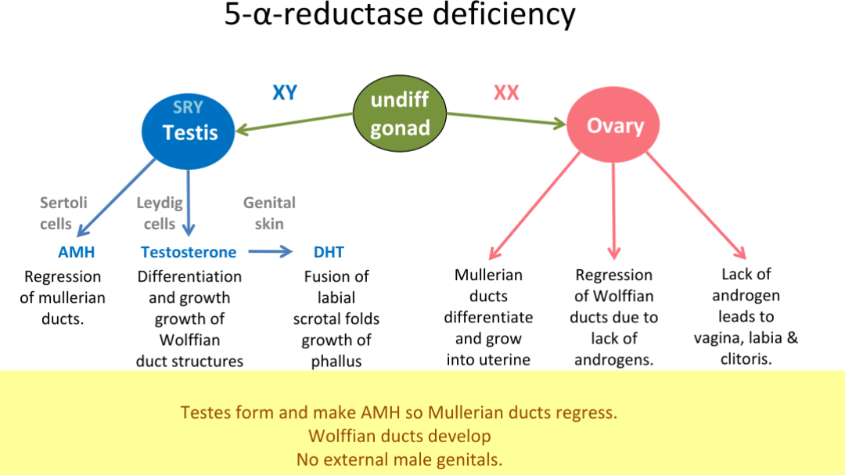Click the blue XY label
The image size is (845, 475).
click(x=284, y=92)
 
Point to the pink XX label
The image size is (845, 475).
click(x=506, y=92)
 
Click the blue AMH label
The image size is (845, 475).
click(x=76, y=252)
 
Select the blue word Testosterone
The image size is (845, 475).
click(x=189, y=252)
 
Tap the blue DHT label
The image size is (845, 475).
click(x=329, y=252)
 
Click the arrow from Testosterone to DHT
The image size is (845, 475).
click(x=270, y=252)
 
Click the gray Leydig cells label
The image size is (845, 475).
click(x=160, y=213)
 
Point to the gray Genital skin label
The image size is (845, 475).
click(x=269, y=213)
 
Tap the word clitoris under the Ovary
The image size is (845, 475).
click(x=746, y=359)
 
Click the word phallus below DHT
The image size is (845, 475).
click(x=336, y=362)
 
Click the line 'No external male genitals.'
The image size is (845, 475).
click(x=399, y=459)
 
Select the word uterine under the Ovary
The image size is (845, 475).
click(x=488, y=360)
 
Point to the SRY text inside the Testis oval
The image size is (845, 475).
click(x=188, y=108)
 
